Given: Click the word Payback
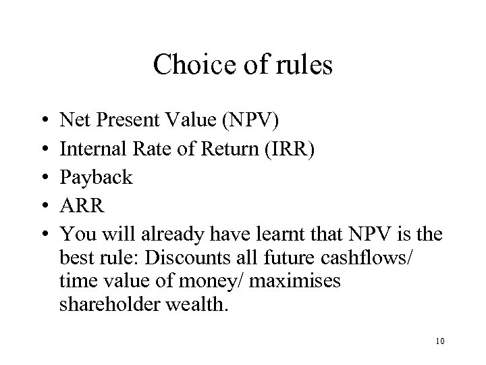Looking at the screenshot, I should (96, 177).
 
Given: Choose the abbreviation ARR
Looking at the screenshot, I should (82, 205).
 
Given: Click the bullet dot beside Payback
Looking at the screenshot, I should (43, 178).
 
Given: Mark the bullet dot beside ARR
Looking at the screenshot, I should (43, 206).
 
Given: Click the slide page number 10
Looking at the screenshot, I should (439, 341).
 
